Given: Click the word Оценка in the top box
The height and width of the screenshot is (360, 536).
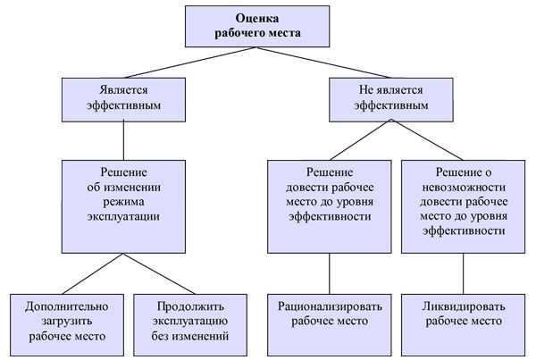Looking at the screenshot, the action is [x=257, y=18].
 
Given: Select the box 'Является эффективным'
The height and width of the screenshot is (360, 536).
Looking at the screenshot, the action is [x=123, y=100].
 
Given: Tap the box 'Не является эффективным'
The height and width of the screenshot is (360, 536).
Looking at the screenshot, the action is [x=391, y=100].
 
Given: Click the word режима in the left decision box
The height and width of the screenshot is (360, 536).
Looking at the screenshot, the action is [x=123, y=202].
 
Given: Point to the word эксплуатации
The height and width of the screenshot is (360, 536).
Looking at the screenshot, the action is [x=123, y=216].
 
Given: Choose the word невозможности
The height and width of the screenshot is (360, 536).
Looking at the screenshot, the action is [x=464, y=188].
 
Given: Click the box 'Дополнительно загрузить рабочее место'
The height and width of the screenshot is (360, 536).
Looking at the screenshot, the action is [x=67, y=325].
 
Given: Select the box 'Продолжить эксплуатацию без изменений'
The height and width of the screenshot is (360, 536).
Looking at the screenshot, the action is [x=190, y=325].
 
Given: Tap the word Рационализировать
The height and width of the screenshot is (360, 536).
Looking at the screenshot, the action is [x=330, y=306].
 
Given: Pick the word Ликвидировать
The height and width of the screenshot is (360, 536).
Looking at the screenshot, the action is [x=463, y=306].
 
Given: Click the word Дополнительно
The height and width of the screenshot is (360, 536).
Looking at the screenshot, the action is [x=67, y=306].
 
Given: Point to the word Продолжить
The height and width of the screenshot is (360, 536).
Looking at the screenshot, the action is [x=190, y=306].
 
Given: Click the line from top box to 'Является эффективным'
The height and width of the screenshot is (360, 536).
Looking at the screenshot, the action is [x=190, y=63].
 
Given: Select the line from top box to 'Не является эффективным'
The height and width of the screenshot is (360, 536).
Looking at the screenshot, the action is [x=323, y=63].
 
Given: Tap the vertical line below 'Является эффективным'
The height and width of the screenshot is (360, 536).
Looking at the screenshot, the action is [x=123, y=141].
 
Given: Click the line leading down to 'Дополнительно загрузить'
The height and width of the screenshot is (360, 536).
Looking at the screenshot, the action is [x=93, y=273].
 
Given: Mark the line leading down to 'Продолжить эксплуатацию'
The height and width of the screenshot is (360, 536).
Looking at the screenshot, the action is [x=159, y=273].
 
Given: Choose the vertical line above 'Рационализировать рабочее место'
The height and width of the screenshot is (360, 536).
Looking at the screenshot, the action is [x=330, y=273].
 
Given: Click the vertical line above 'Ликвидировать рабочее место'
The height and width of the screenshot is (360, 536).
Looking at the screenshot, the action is [x=463, y=273].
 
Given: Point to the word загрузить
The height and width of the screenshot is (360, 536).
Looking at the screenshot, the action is [x=67, y=322].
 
